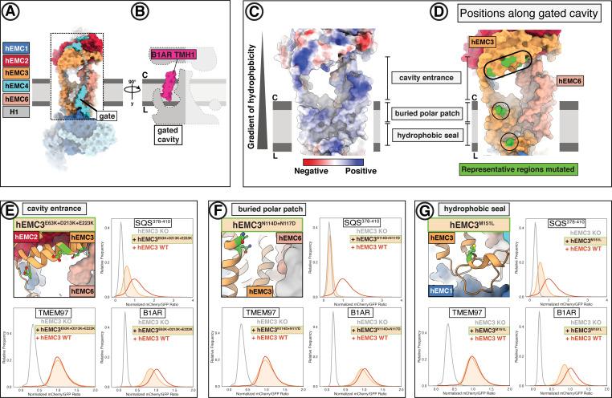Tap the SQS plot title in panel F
click(x=336, y=222)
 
